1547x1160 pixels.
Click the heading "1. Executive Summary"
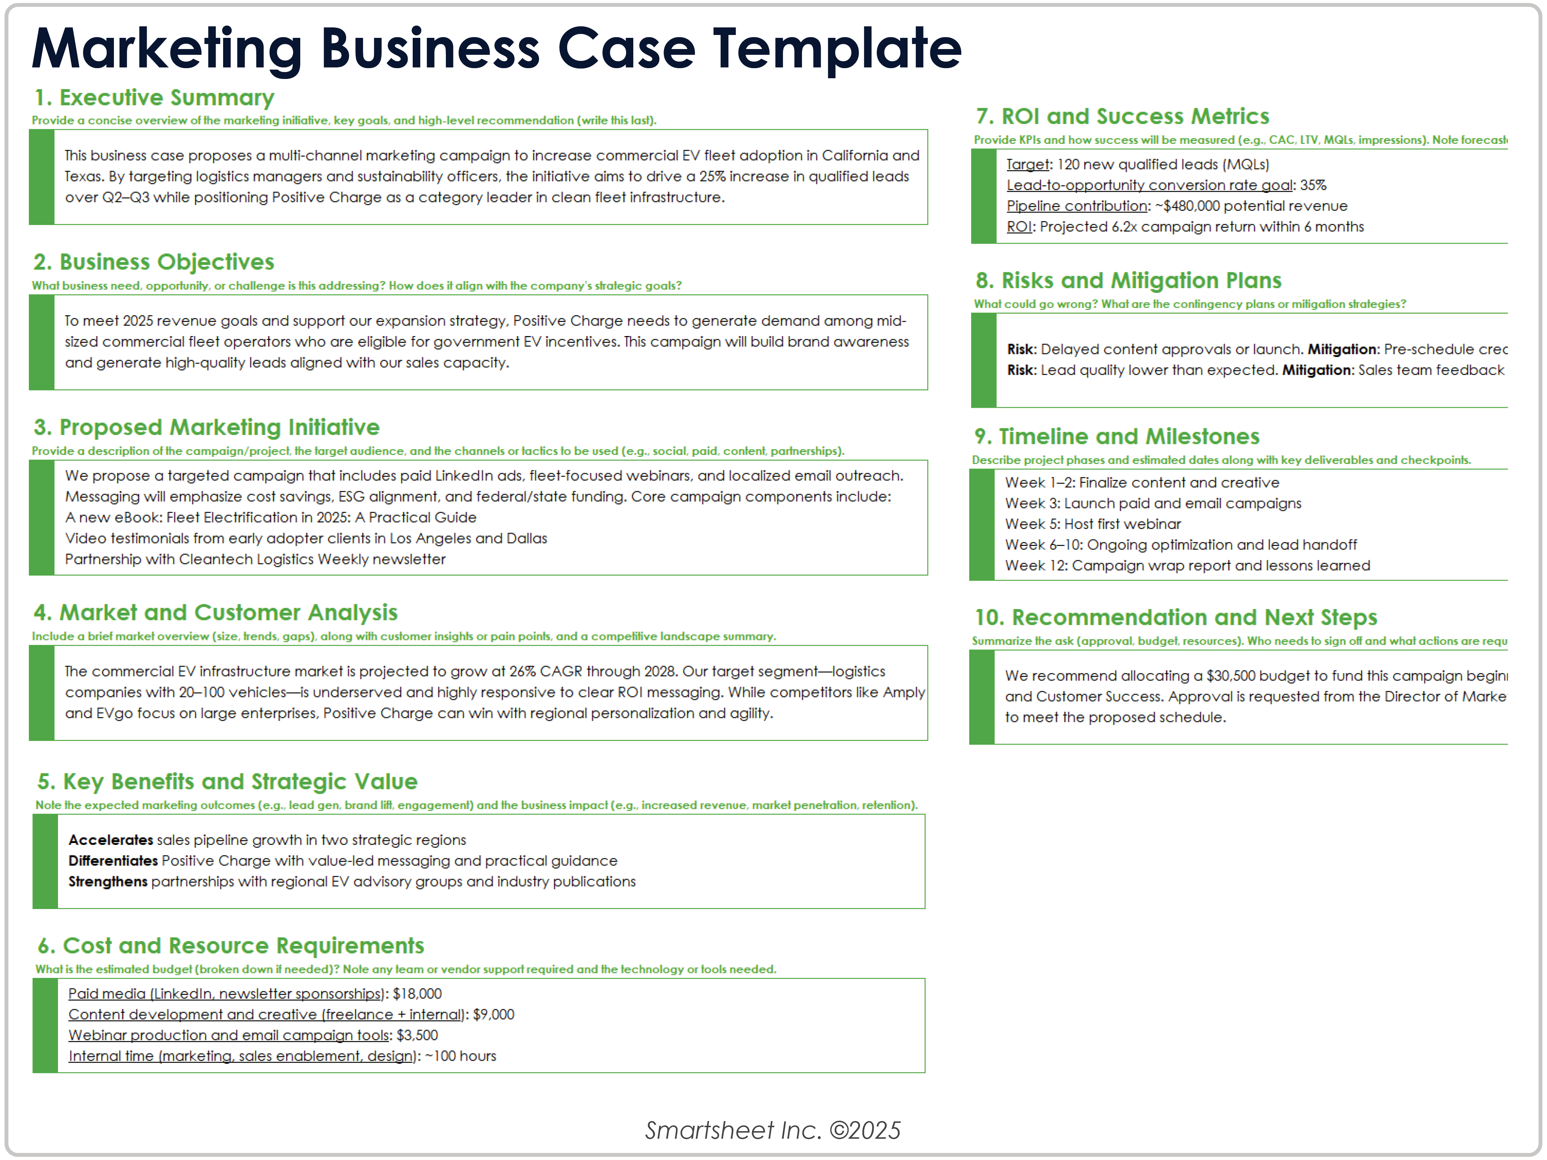pos(154,98)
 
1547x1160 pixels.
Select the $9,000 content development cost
pos(494,1014)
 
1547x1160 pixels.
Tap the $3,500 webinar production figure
pos(417,1036)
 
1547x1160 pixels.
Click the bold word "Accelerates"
pos(111,840)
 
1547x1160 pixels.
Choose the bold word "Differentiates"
pos(113,861)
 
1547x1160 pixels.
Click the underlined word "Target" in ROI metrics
pos(1027,164)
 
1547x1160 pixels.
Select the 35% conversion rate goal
pos(1313,185)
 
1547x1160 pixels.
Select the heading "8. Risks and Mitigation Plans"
pos(1128,281)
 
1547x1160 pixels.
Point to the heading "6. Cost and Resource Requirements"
pos(231,946)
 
